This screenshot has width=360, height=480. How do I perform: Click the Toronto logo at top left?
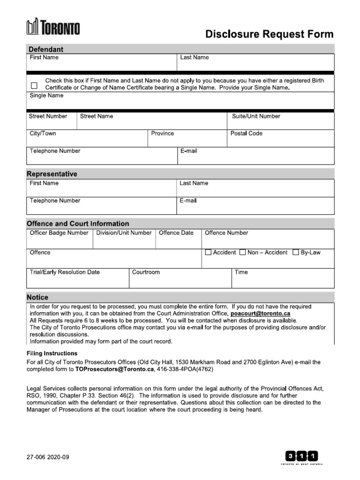point(52,28)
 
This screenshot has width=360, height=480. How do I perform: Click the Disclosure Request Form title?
point(270,34)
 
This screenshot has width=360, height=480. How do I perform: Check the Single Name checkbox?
point(34,85)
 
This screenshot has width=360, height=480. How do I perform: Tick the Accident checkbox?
point(209,253)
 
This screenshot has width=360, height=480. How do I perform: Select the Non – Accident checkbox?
point(242,253)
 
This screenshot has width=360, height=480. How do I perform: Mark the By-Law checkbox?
point(295,253)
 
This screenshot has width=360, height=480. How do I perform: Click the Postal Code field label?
point(247,134)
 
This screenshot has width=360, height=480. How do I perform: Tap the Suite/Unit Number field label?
point(256,116)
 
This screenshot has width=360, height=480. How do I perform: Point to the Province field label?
point(162,134)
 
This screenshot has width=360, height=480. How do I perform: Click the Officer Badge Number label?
point(59,233)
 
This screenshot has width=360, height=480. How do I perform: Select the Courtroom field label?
point(146,272)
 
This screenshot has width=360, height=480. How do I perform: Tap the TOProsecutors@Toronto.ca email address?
point(114,369)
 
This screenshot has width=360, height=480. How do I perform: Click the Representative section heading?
point(52,174)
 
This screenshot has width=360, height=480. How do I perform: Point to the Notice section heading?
point(37,297)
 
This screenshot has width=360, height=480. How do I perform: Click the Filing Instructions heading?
point(52,353)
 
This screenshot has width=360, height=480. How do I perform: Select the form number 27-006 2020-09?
point(48,457)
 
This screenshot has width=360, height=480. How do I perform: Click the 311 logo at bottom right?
point(301,456)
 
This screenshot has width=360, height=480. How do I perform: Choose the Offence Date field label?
point(176,233)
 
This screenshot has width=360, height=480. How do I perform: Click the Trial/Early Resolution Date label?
point(65,272)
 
